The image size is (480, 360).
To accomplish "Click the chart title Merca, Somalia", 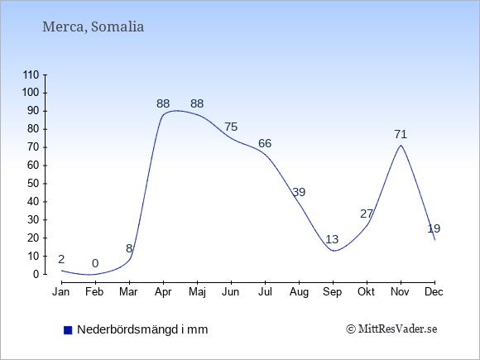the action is coord(93,26).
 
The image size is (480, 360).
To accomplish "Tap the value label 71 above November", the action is coord(401,134).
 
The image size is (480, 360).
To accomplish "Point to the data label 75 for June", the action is coord(231,127).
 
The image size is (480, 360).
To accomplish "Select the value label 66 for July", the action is coord(265,143).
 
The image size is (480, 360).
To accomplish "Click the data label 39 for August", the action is coord(299,192).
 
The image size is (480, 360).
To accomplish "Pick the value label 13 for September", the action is coord(332,239).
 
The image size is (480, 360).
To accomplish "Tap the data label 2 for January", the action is coord(61,259).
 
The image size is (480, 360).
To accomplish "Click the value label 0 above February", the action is coord(95,263).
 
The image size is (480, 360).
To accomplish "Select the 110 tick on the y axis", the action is coord(31,74).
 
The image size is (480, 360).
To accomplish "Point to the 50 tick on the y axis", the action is coord(33,184).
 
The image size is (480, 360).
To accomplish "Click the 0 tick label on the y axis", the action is coord(36,274).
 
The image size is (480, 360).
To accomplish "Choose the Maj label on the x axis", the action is coord(197,292).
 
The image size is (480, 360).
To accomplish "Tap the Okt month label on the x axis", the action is coord(366,292).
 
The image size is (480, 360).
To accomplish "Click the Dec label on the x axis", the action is coord(434,292).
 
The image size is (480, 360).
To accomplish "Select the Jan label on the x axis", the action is coord(61,292).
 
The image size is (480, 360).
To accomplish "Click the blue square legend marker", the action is coord(68,330).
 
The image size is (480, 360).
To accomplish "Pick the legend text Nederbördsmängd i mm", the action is coord(142,329).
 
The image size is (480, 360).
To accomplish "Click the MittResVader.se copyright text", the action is coord(391,329).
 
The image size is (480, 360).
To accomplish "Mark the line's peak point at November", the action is coord(401,145).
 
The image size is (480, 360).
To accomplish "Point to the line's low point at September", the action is coord(334,251).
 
